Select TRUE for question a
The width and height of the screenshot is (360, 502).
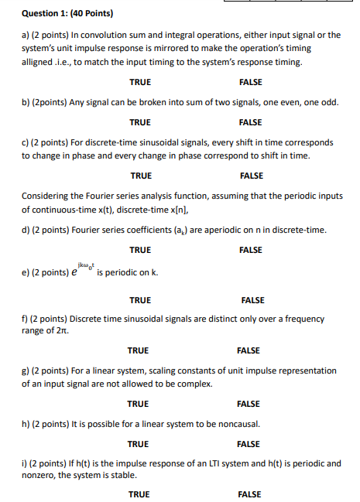140,82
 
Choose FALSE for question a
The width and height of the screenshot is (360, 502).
251,82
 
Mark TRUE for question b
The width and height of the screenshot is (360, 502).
140,122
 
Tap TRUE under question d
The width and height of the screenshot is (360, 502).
140,250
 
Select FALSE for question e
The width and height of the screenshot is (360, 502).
252,300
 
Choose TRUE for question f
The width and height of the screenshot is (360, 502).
139,350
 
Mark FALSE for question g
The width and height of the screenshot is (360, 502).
249,404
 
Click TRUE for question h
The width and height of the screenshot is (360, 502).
139,444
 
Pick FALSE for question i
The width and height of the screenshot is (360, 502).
249,494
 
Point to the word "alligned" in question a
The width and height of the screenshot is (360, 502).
37,61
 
